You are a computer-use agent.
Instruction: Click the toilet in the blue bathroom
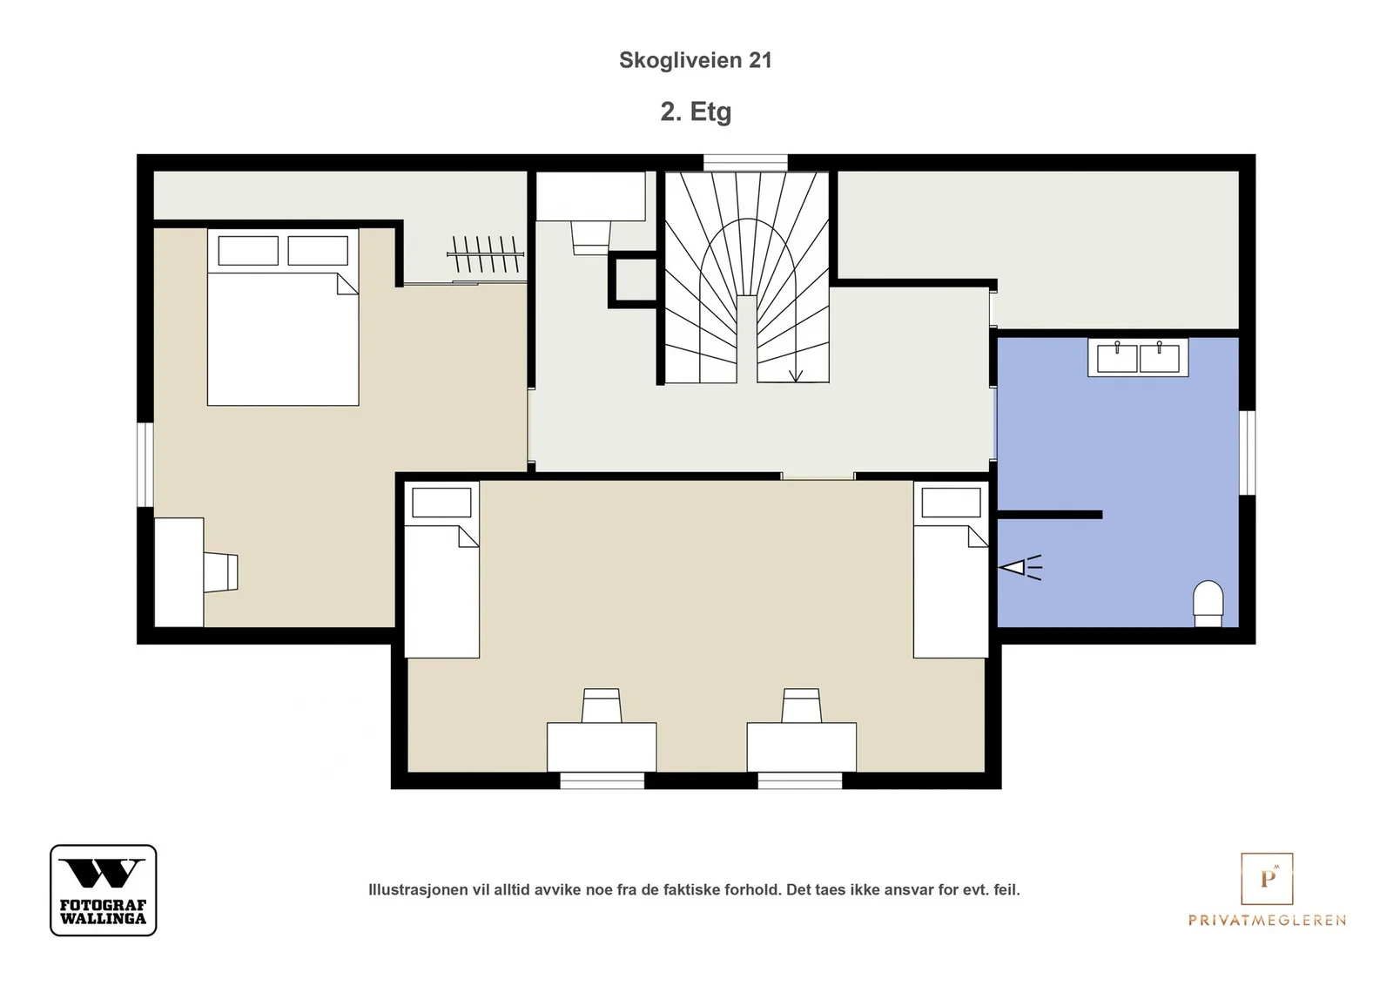pyautogui.click(x=1208, y=604)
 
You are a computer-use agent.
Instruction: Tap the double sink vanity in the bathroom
pyautogui.click(x=1137, y=357)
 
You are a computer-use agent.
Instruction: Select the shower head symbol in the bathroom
pyautogui.click(x=1020, y=567)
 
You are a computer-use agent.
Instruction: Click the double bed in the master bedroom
pyautogui.click(x=283, y=317)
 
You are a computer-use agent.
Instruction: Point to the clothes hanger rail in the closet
pyautogui.click(x=486, y=253)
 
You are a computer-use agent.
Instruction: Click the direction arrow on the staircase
pyautogui.click(x=796, y=375)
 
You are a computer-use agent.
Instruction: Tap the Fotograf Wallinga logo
pyautogui.click(x=104, y=889)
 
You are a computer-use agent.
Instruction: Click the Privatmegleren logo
pyautogui.click(x=1267, y=889)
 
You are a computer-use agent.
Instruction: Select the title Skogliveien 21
pyautogui.click(x=696, y=60)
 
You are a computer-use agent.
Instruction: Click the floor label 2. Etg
pyautogui.click(x=696, y=112)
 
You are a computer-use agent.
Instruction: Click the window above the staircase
pyautogui.click(x=745, y=162)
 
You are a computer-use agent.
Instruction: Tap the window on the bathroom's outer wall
pyautogui.click(x=1248, y=453)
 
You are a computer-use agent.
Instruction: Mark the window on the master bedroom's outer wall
pyautogui.click(x=145, y=465)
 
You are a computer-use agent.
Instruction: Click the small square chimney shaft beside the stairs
pyautogui.click(x=633, y=280)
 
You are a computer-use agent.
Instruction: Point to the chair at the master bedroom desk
pyautogui.click(x=221, y=572)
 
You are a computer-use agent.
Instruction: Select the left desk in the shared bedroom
pyautogui.click(x=602, y=747)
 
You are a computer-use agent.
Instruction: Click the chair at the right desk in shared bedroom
pyautogui.click(x=802, y=706)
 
